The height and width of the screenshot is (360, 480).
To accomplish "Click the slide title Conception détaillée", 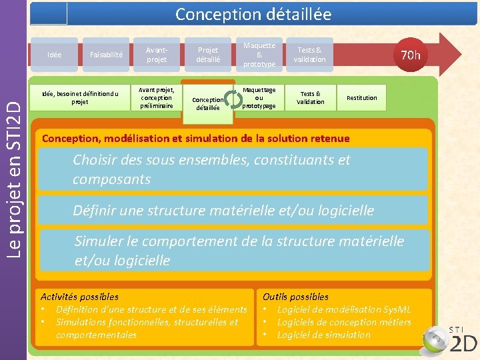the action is [x=253, y=14].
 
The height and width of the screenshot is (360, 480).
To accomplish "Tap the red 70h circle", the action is [x=410, y=55].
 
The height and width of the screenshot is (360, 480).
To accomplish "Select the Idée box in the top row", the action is [x=55, y=55].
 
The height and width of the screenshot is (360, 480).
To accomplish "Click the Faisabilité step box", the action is [x=105, y=55].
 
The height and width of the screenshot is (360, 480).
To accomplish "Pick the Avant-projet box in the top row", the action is [x=156, y=55].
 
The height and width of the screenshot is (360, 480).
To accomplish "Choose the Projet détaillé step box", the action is [x=207, y=55].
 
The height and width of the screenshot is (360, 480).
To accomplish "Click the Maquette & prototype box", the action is [x=259, y=55].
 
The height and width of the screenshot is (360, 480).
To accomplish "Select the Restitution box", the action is [x=361, y=98].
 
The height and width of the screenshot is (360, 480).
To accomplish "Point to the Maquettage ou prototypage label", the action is [x=259, y=97].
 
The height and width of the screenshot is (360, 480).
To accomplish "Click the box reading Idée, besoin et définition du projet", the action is [x=79, y=97].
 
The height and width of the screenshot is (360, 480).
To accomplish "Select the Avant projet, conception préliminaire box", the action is [x=157, y=97].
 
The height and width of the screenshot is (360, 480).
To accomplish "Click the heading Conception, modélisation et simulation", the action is [x=195, y=139].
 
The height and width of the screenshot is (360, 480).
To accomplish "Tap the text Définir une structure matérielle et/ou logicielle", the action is [x=223, y=211].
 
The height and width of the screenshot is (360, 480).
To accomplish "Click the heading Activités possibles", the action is [x=79, y=297].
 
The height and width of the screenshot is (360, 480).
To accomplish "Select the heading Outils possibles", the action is [x=295, y=297].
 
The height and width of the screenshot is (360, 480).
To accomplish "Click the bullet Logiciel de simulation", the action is [x=323, y=335].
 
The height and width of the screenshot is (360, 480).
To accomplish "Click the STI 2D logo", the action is [x=454, y=337].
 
